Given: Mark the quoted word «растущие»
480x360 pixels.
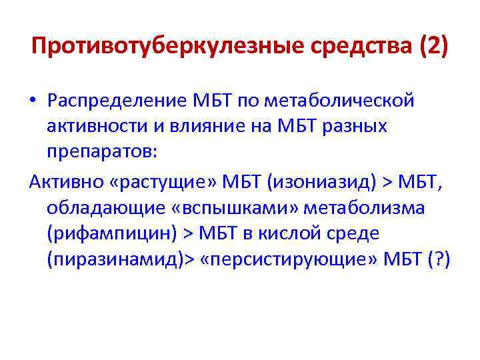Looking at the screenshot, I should pos(143,181).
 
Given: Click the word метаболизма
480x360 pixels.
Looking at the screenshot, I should pos(363,207).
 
